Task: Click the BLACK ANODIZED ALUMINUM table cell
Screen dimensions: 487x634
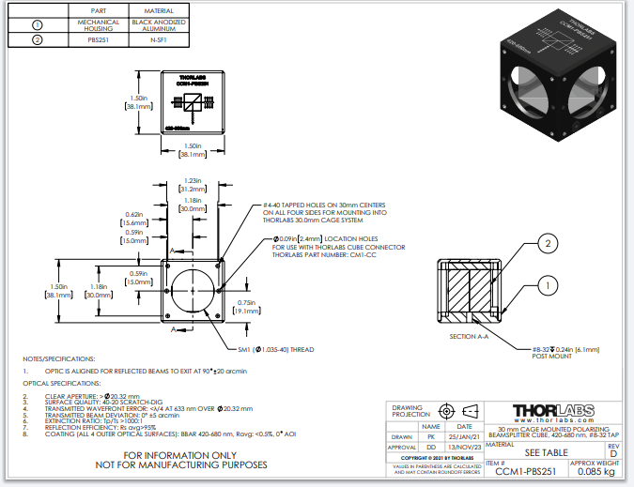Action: click(x=158, y=25)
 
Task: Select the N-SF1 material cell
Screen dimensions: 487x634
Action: click(x=158, y=41)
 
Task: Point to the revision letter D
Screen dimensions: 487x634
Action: click(x=612, y=453)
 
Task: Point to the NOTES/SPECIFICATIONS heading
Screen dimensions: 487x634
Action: click(x=59, y=359)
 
